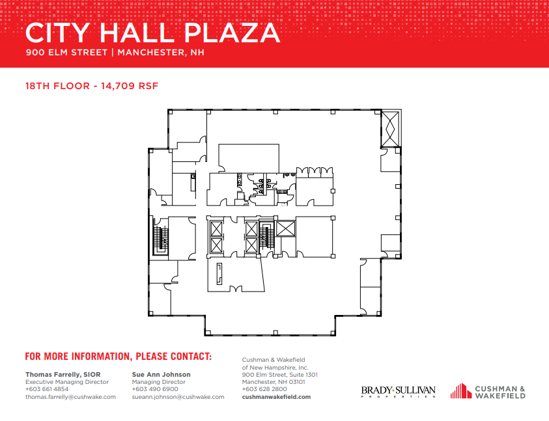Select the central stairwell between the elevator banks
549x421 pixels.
point(266,238)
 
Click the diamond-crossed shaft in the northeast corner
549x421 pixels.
point(392,128)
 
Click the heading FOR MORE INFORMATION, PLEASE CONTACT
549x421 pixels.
point(119,357)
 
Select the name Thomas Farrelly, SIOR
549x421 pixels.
point(63,374)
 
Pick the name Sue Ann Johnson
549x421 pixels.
point(161,374)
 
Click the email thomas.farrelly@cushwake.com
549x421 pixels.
point(70,396)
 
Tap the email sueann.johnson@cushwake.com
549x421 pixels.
point(178,396)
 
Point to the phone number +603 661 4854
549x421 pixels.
point(47,389)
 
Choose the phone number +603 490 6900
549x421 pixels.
point(154,389)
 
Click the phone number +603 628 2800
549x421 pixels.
point(264,389)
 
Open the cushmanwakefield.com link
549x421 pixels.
point(276,396)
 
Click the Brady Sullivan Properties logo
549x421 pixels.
point(398,391)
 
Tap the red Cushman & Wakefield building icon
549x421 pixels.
point(460,390)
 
